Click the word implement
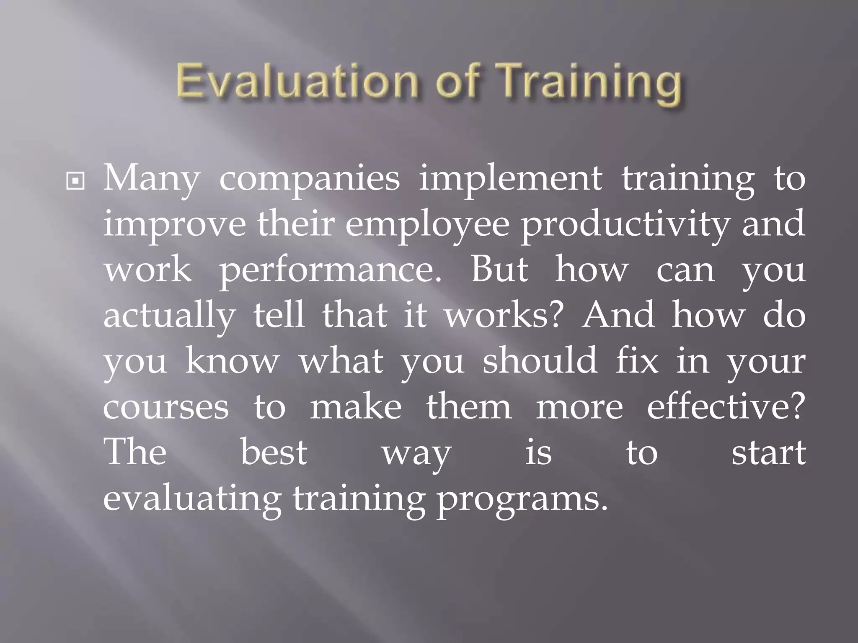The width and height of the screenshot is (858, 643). click(510, 178)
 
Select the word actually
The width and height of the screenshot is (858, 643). click(169, 316)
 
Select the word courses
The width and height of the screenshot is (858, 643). click(166, 407)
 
